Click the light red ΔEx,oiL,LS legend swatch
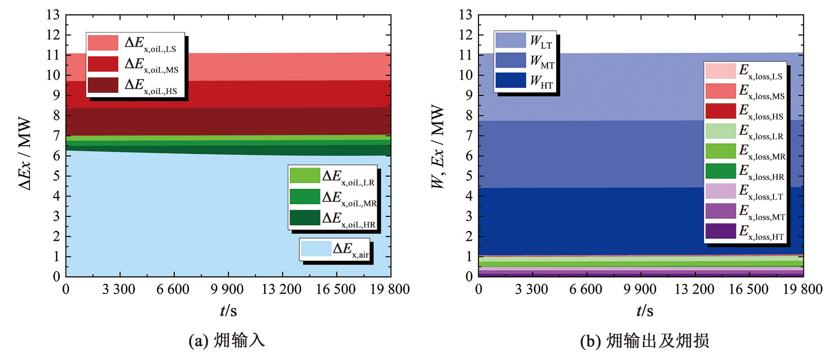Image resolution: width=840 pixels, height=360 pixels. [x=103, y=43]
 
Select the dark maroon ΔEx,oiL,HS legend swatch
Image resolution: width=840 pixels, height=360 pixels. [x=103, y=85]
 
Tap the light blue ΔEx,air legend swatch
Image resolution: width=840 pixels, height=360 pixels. [x=316, y=249]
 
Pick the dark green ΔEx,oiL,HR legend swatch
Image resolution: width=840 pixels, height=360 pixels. [x=305, y=217]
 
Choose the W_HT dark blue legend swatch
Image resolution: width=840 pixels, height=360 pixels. [x=510, y=80]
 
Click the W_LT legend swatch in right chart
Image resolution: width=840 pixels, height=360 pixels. [x=510, y=40]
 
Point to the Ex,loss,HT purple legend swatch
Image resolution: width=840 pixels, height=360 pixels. [x=720, y=231]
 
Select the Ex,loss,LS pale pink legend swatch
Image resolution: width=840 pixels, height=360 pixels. [x=720, y=71]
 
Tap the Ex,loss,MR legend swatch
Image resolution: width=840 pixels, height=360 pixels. [x=720, y=151]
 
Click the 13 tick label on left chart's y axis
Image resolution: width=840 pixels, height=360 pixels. [x=53, y=15]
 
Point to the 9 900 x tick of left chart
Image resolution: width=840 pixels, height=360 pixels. [x=227, y=289]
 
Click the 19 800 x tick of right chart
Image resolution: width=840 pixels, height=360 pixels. [x=802, y=289]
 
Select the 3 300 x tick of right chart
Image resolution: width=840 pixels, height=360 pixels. [x=531, y=289]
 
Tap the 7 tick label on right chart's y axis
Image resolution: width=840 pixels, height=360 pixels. [x=469, y=136]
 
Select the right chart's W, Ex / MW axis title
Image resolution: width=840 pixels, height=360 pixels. [x=437, y=147]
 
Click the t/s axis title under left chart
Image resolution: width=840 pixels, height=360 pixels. [x=228, y=310]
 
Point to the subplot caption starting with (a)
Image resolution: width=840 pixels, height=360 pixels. [x=227, y=340]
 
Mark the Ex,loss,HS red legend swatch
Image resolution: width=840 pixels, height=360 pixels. [x=720, y=111]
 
